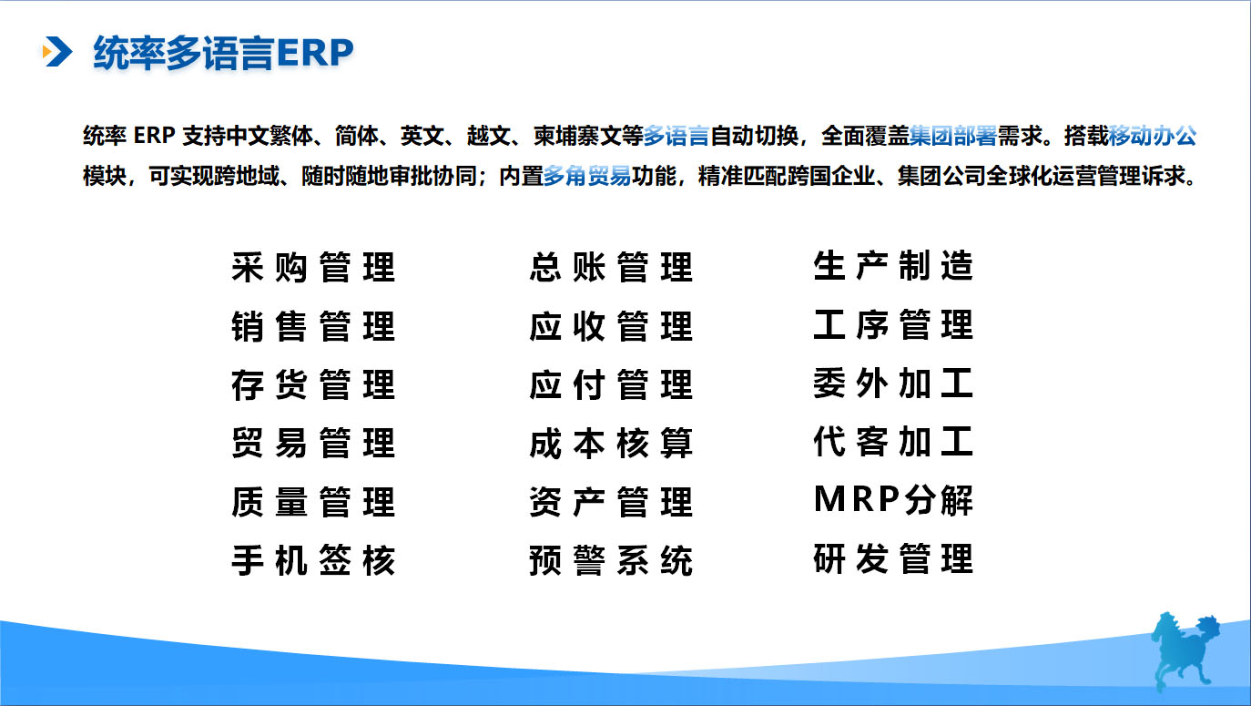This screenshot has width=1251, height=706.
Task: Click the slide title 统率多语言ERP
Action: pos(223,54)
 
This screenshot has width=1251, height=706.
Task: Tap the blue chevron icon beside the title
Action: pos(57,53)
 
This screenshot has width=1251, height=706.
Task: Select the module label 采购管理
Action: pos(313,268)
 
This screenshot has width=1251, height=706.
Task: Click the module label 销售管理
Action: pos(313,326)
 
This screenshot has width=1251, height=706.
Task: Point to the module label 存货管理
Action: pos(313,385)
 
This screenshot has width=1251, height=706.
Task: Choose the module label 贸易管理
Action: pos(313,444)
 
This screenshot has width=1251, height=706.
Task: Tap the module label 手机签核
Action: pos(313,560)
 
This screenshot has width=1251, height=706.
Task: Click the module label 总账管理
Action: pos(611,268)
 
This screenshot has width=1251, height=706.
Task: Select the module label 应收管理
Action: pos(611,326)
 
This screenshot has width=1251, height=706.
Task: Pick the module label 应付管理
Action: pos(611,385)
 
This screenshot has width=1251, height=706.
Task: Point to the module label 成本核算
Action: pos(611,444)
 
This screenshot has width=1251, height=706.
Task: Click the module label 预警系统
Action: pos(611,560)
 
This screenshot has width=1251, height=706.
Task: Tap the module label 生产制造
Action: pos(893,266)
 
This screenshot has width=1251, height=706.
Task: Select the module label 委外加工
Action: pos(893,384)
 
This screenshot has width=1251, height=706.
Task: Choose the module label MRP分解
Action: pos(893,500)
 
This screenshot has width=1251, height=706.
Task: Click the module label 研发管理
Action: pos(893,558)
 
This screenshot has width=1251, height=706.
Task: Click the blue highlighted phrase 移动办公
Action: pos(1153,138)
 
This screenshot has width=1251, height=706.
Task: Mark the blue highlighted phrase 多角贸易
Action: pos(587,176)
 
